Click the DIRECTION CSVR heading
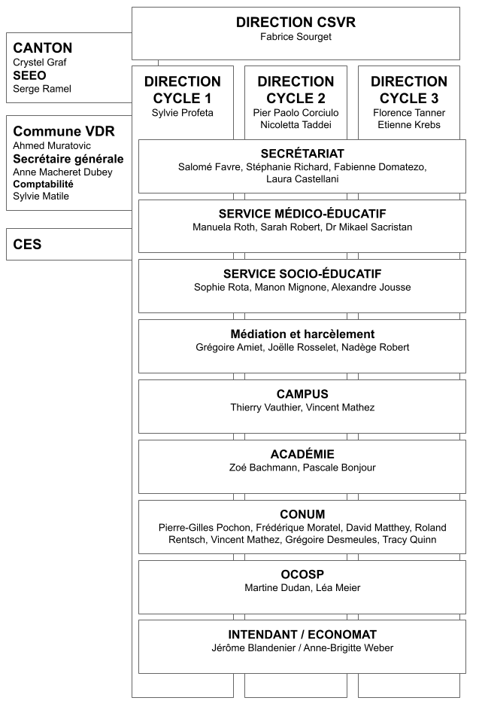(296, 23)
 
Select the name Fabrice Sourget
(296, 37)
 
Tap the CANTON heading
(43, 47)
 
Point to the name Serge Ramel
(42, 89)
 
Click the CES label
(27, 244)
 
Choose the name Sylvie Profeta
(183, 113)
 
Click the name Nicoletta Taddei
(296, 124)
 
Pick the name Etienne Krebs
(409, 124)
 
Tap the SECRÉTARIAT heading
(302, 154)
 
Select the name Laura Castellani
(302, 178)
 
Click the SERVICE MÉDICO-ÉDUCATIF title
(302, 214)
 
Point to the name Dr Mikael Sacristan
(369, 227)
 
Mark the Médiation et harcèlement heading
(302, 334)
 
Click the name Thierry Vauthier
(265, 407)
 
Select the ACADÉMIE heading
(302, 454)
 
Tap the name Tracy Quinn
(410, 540)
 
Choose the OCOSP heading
(302, 574)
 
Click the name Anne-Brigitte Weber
(348, 648)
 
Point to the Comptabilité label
(43, 184)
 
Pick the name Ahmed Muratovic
(52, 146)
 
